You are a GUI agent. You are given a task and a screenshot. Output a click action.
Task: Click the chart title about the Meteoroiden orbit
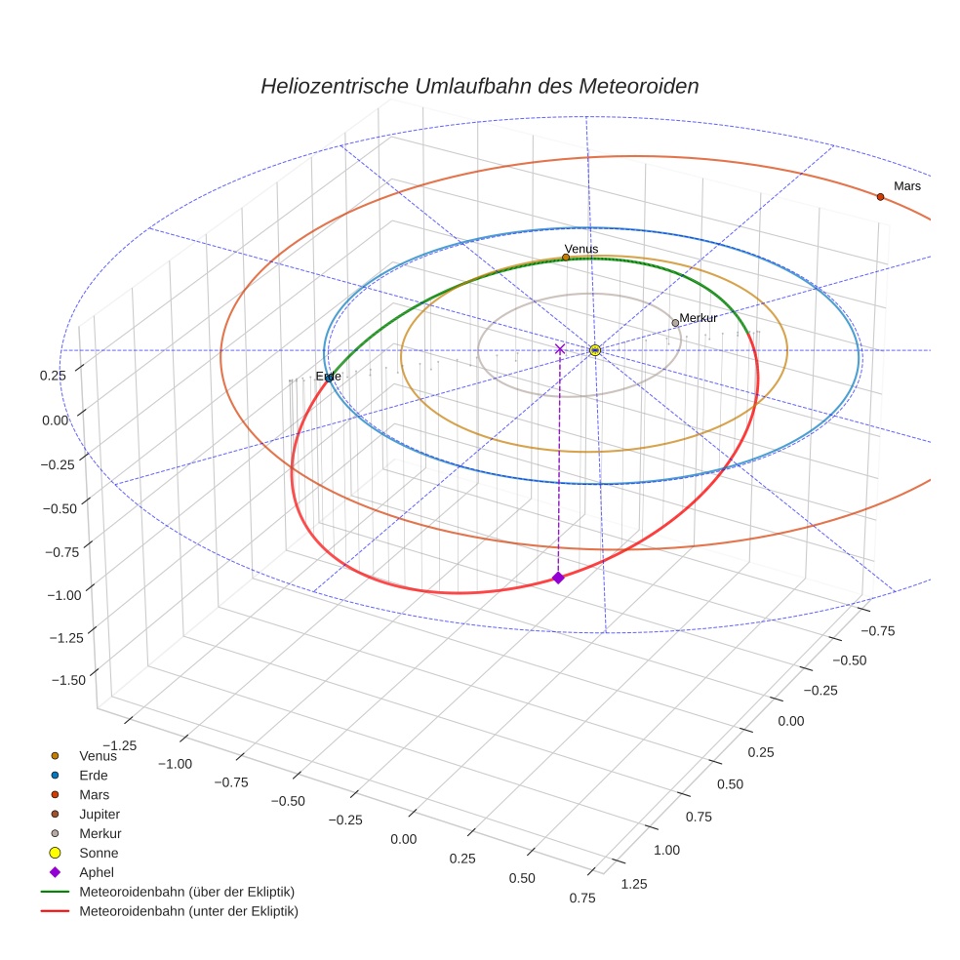tap(479, 86)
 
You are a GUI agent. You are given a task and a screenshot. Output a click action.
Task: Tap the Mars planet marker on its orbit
tap(880, 197)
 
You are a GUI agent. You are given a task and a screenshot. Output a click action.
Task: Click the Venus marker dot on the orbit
tap(566, 258)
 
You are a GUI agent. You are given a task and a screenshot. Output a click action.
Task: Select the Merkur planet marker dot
tap(675, 323)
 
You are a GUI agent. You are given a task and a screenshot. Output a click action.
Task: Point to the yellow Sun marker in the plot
tap(595, 350)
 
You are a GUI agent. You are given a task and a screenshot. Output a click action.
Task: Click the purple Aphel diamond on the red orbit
tap(558, 579)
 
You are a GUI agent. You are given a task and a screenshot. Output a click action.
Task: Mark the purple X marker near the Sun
tap(560, 349)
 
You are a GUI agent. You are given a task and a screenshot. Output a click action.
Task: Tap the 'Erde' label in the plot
tap(329, 377)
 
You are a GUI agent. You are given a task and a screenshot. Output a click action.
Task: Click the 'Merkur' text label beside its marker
tap(699, 318)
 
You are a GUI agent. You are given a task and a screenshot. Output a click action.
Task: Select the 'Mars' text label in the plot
tap(907, 185)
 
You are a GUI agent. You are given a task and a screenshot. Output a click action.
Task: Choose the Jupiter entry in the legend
tap(100, 814)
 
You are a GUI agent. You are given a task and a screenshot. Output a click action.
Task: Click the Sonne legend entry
tap(99, 853)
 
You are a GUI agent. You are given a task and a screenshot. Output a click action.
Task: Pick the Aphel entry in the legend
tap(98, 872)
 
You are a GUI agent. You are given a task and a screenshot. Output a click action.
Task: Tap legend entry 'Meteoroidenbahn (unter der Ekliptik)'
tap(188, 911)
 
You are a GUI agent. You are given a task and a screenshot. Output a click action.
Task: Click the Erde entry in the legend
tap(94, 775)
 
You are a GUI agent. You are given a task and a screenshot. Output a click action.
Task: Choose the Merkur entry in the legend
tap(100, 833)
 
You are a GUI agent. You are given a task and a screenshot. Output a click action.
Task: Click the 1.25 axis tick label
tap(633, 884)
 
